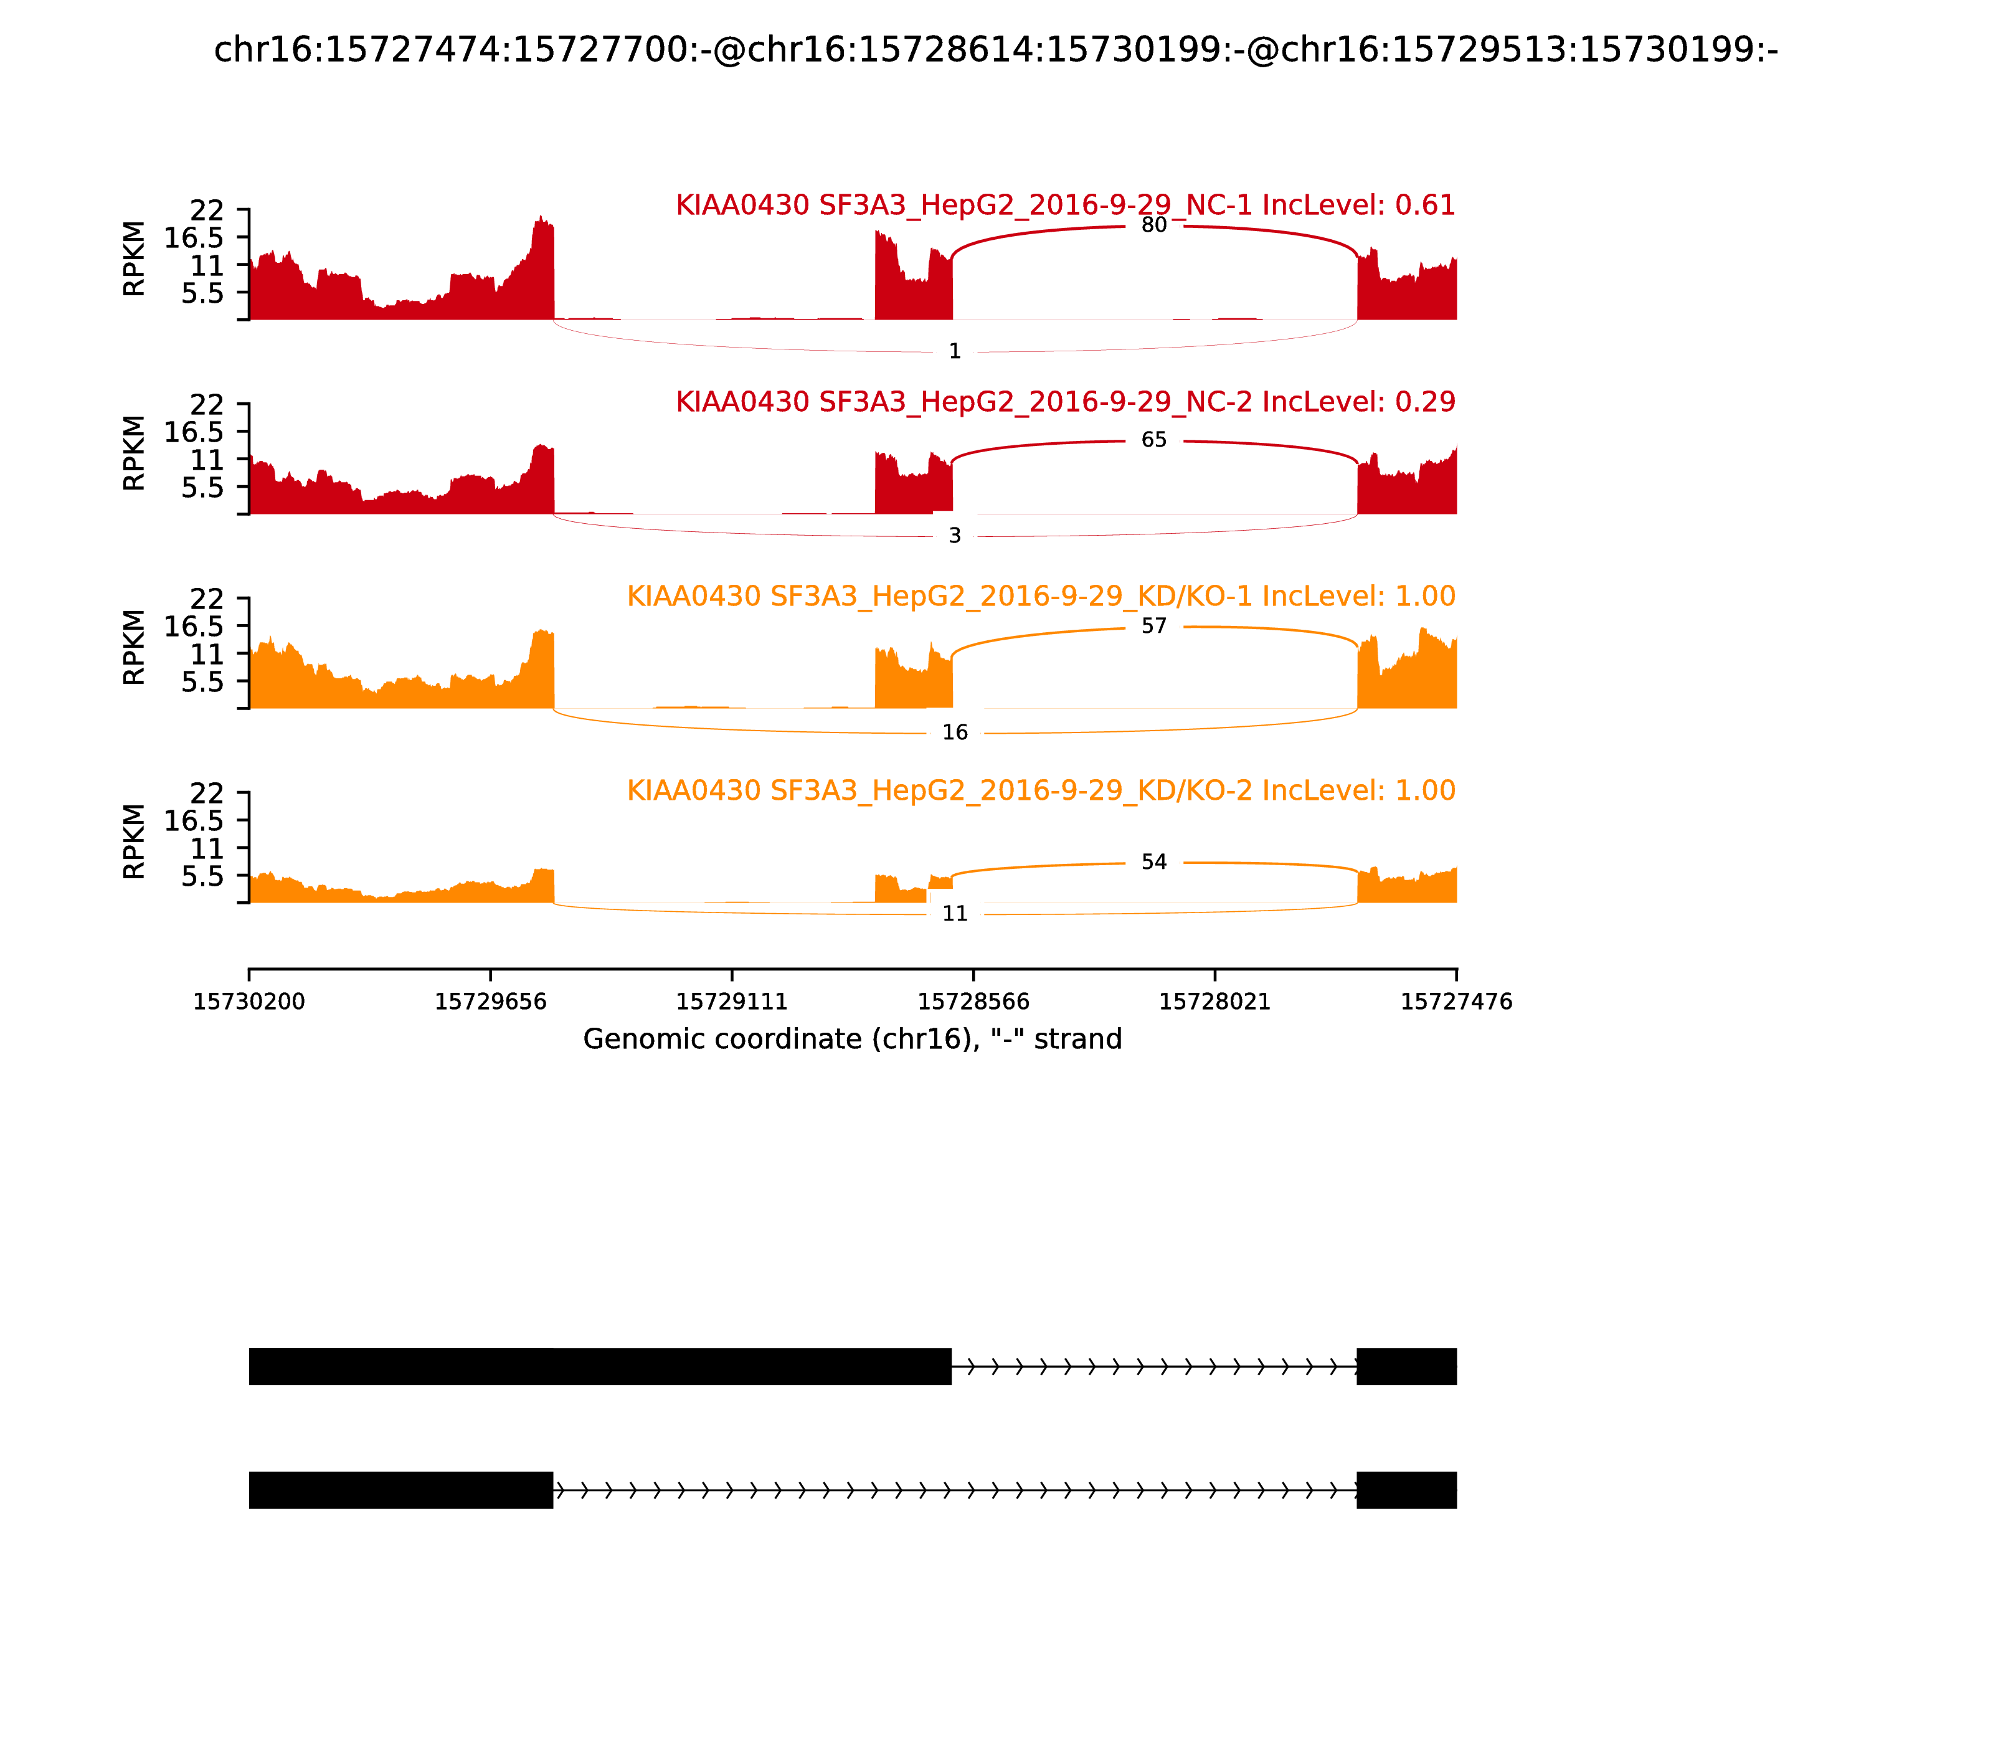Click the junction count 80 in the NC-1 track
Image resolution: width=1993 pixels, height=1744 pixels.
(x=1153, y=225)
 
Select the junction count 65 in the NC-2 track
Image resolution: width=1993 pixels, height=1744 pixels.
(x=1153, y=440)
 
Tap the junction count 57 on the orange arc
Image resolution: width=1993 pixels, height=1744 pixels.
(x=1153, y=626)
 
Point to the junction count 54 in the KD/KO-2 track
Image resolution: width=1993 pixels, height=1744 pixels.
(x=1153, y=862)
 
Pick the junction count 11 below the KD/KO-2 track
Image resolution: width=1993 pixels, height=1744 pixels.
(x=955, y=914)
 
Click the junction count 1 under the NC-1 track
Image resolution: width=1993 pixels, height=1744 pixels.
(x=955, y=351)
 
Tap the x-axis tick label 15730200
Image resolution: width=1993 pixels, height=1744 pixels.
(x=249, y=1002)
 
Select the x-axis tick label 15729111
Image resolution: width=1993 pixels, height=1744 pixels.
(x=732, y=1002)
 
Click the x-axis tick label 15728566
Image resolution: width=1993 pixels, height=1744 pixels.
(x=973, y=1002)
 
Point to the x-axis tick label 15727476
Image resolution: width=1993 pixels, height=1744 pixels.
(x=1456, y=1002)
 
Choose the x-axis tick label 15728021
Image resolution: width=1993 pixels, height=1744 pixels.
(x=1214, y=1002)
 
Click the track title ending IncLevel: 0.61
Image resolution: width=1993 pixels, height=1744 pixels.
(x=1066, y=206)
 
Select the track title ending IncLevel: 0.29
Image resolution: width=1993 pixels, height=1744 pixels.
(x=1066, y=402)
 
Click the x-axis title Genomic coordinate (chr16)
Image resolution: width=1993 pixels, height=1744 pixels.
(x=853, y=1040)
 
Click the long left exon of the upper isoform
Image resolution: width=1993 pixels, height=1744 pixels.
(x=599, y=1367)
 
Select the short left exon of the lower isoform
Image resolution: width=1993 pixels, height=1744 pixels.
(x=401, y=1490)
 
